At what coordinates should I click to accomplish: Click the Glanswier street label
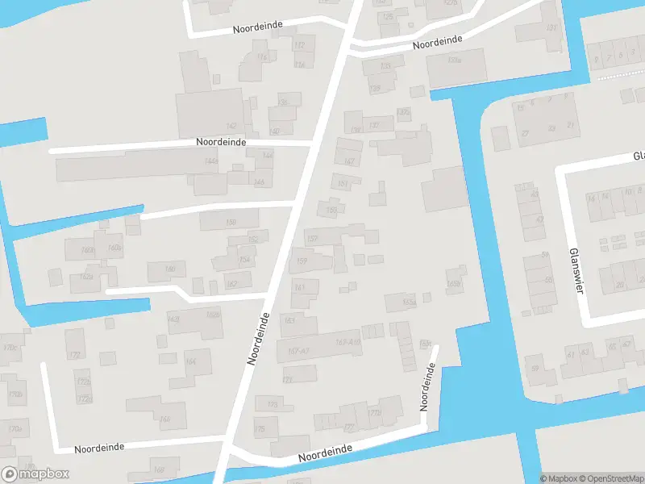pyautogui.click(x=576, y=271)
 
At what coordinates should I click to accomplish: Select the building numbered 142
pyautogui.click(x=231, y=126)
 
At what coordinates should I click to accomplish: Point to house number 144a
pyautogui.click(x=210, y=162)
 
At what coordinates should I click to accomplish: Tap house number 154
pyautogui.click(x=243, y=259)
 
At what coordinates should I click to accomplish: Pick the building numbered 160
pyautogui.click(x=170, y=269)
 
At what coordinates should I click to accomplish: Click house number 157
pyautogui.click(x=313, y=238)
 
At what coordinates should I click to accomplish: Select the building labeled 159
pyautogui.click(x=302, y=261)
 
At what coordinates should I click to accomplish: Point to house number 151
pyautogui.click(x=343, y=184)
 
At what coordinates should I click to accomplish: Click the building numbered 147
pyautogui.click(x=349, y=161)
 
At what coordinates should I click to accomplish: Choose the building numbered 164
pyautogui.click(x=190, y=362)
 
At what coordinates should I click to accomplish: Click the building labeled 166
pyautogui.click(x=164, y=419)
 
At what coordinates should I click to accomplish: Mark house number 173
pyautogui.click(x=273, y=404)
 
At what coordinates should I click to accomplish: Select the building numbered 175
pyautogui.click(x=259, y=429)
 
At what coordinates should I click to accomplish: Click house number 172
pyautogui.click(x=74, y=355)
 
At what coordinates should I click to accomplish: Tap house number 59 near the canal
pyautogui.click(x=534, y=369)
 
